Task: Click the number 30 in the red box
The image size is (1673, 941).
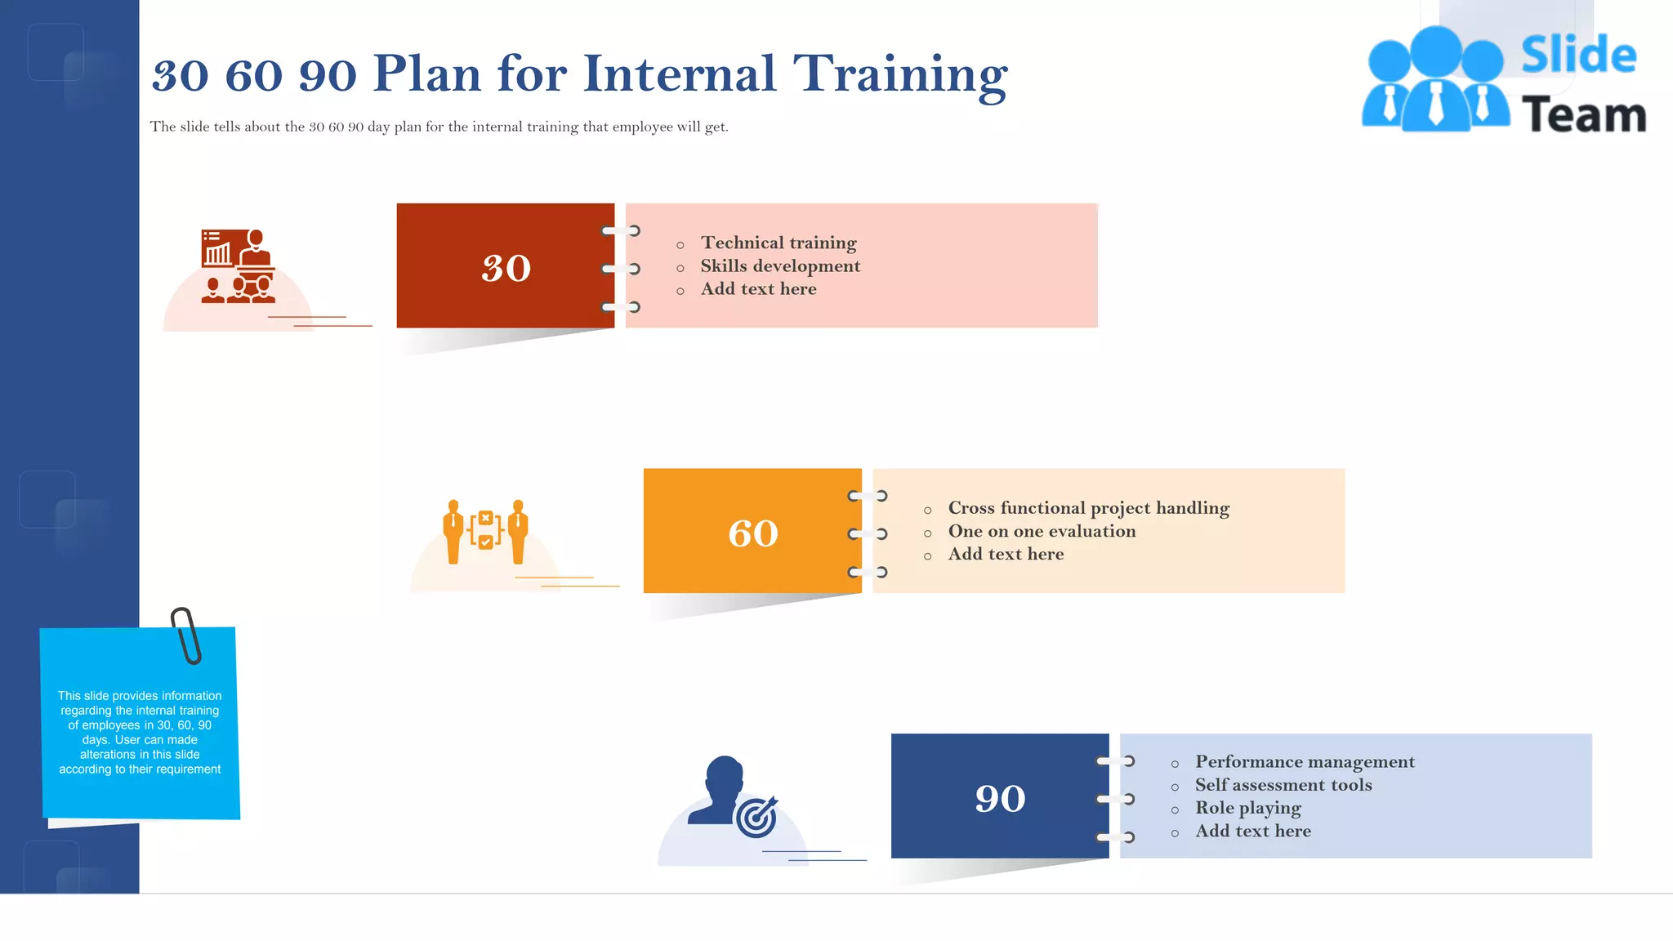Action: coord(506,269)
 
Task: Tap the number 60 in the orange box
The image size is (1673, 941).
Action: coord(752,533)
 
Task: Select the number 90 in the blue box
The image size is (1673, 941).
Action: coord(1000,798)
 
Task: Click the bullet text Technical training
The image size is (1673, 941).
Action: coord(778,243)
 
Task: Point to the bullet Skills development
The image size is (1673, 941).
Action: coord(779,265)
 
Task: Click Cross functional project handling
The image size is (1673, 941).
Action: coord(1088,508)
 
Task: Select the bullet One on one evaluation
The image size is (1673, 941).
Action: coord(1042,531)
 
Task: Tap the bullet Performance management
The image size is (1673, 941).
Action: coord(1305,761)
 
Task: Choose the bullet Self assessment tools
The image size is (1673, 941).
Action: coord(1283,785)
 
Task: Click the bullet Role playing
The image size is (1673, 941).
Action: coord(1247,808)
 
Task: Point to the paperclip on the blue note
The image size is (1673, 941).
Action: coord(186,636)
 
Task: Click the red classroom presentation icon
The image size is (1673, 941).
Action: coord(238,266)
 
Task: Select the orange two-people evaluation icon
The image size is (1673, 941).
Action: coord(485,531)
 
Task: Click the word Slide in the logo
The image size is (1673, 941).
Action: coord(1577,56)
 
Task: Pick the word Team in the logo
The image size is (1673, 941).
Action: coord(1583,115)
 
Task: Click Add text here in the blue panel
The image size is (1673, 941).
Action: coord(1252,831)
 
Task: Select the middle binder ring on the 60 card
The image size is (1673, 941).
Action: coord(868,534)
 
